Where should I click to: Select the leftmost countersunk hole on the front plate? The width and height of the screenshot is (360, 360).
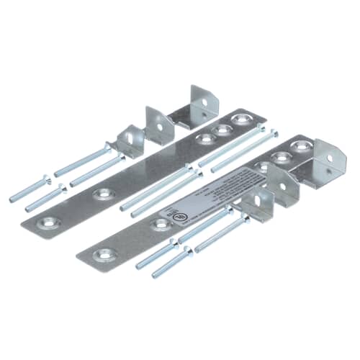106,254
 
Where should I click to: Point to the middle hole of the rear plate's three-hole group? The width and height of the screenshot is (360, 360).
223,130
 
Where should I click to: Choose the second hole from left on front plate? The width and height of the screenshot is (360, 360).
162,225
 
